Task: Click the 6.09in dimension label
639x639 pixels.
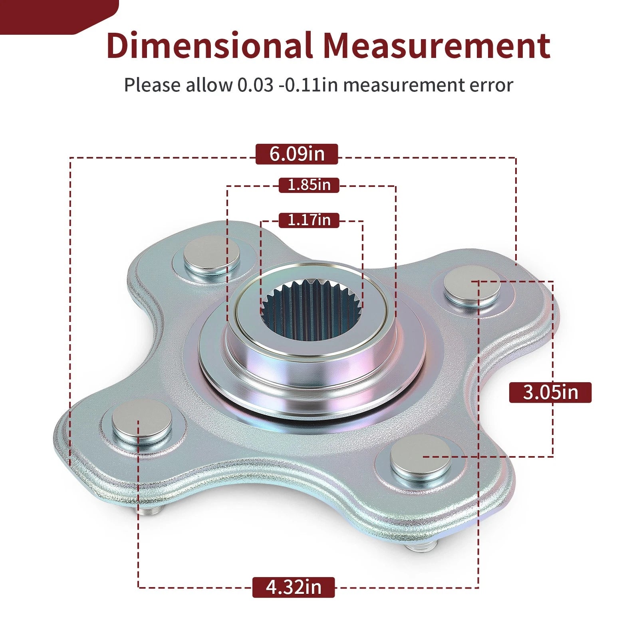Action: [x=297, y=154]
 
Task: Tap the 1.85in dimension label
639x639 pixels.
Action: [x=309, y=185]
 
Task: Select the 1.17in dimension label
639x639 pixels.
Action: [x=309, y=220]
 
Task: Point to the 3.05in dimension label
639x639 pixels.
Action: [x=550, y=392]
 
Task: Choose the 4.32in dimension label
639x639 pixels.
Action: [x=294, y=587]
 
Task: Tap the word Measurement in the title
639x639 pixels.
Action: [x=437, y=46]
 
